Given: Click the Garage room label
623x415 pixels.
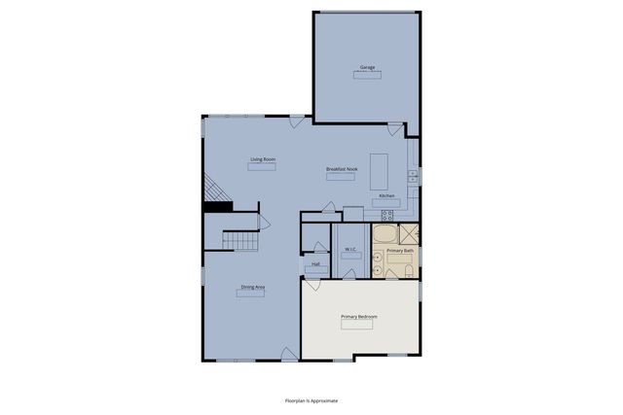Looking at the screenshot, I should click(367, 67).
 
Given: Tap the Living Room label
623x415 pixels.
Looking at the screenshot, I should click(261, 158).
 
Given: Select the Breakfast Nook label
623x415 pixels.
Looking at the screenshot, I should click(341, 169).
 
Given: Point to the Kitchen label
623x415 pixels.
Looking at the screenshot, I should click(385, 195).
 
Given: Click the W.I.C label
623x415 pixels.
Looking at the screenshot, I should click(349, 250).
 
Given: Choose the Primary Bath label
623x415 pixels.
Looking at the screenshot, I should click(400, 251).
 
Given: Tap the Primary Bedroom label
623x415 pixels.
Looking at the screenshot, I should click(358, 317).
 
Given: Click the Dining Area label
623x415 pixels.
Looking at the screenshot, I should click(253, 287).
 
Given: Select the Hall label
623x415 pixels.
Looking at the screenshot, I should click(315, 263).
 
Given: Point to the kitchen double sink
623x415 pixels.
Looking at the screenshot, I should click(413, 176).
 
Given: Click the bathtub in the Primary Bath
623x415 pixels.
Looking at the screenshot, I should click(385, 235).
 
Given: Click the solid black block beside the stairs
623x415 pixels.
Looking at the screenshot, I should click(216, 205).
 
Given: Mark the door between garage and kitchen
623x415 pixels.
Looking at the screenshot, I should click(393, 129).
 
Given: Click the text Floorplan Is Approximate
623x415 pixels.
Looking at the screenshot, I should click(311, 399).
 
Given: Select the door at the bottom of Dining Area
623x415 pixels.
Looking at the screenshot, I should click(289, 356).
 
